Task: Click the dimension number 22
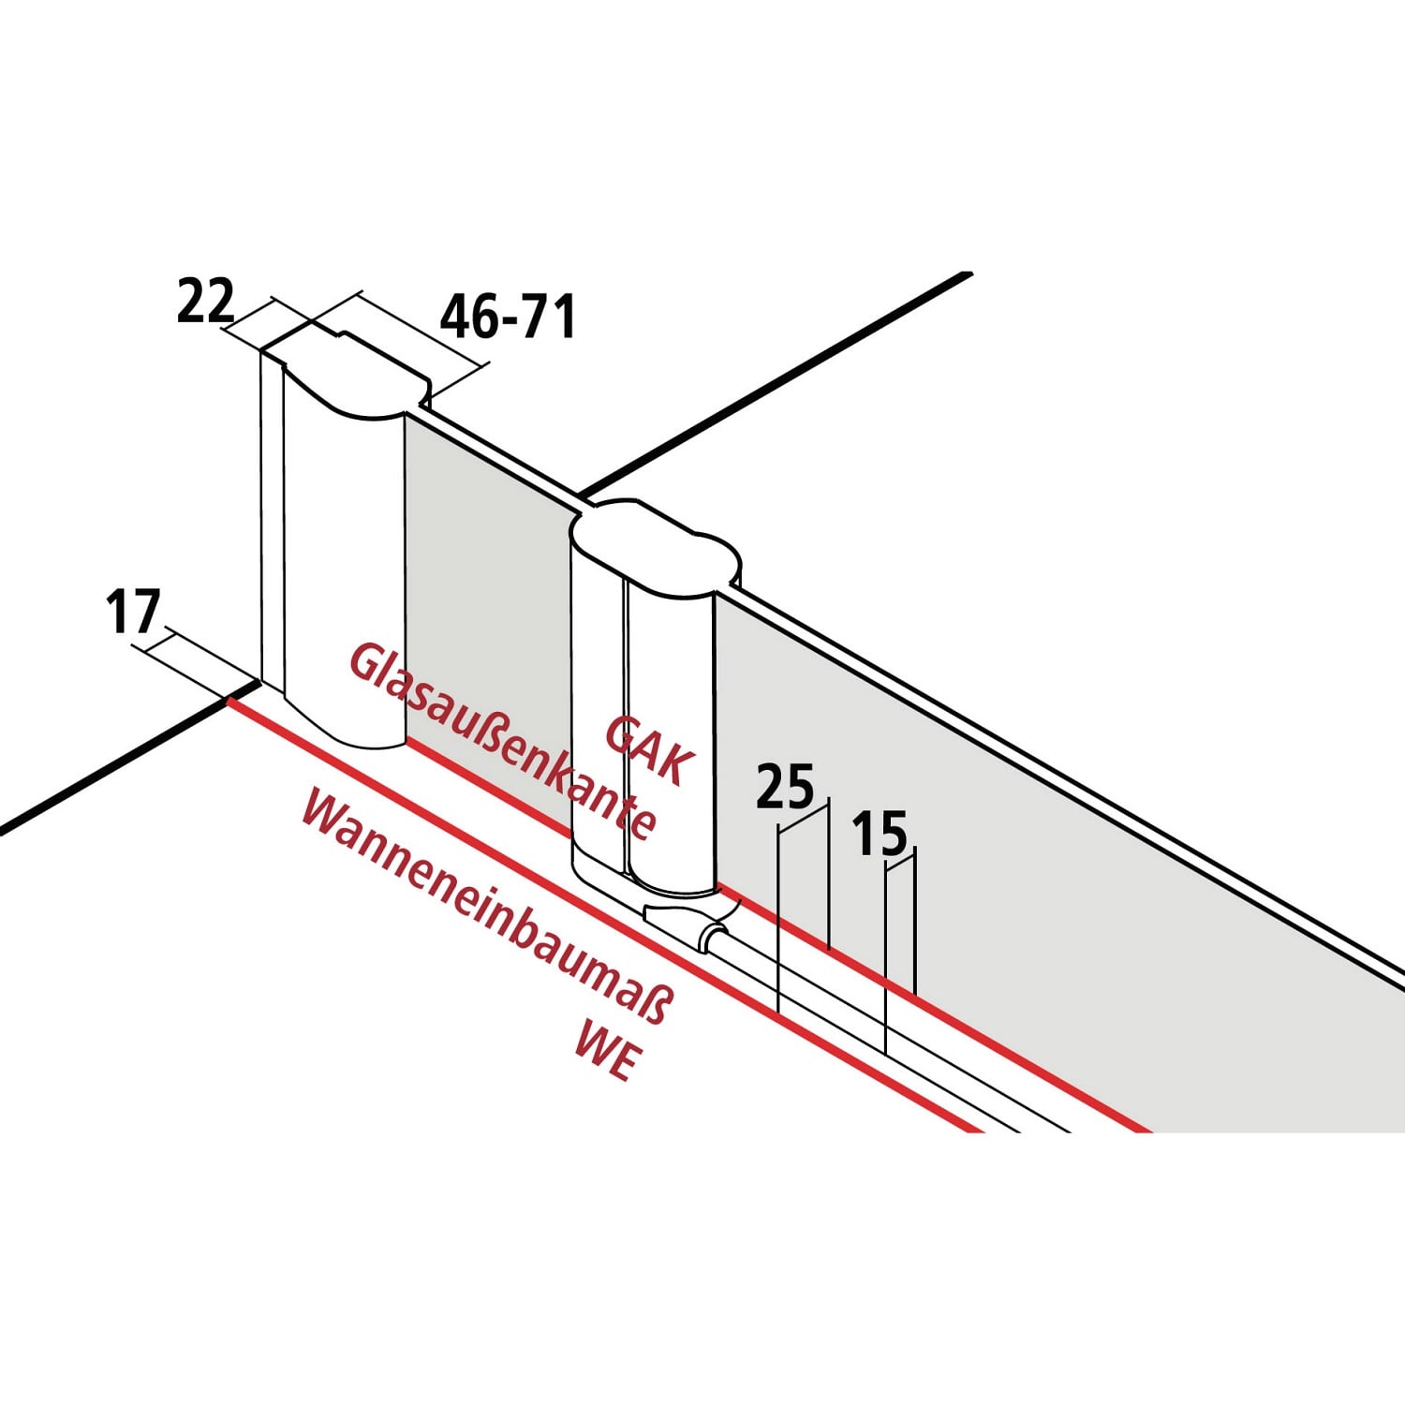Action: (x=205, y=302)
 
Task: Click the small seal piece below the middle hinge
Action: (x=684, y=923)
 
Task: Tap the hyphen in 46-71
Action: (x=511, y=320)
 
